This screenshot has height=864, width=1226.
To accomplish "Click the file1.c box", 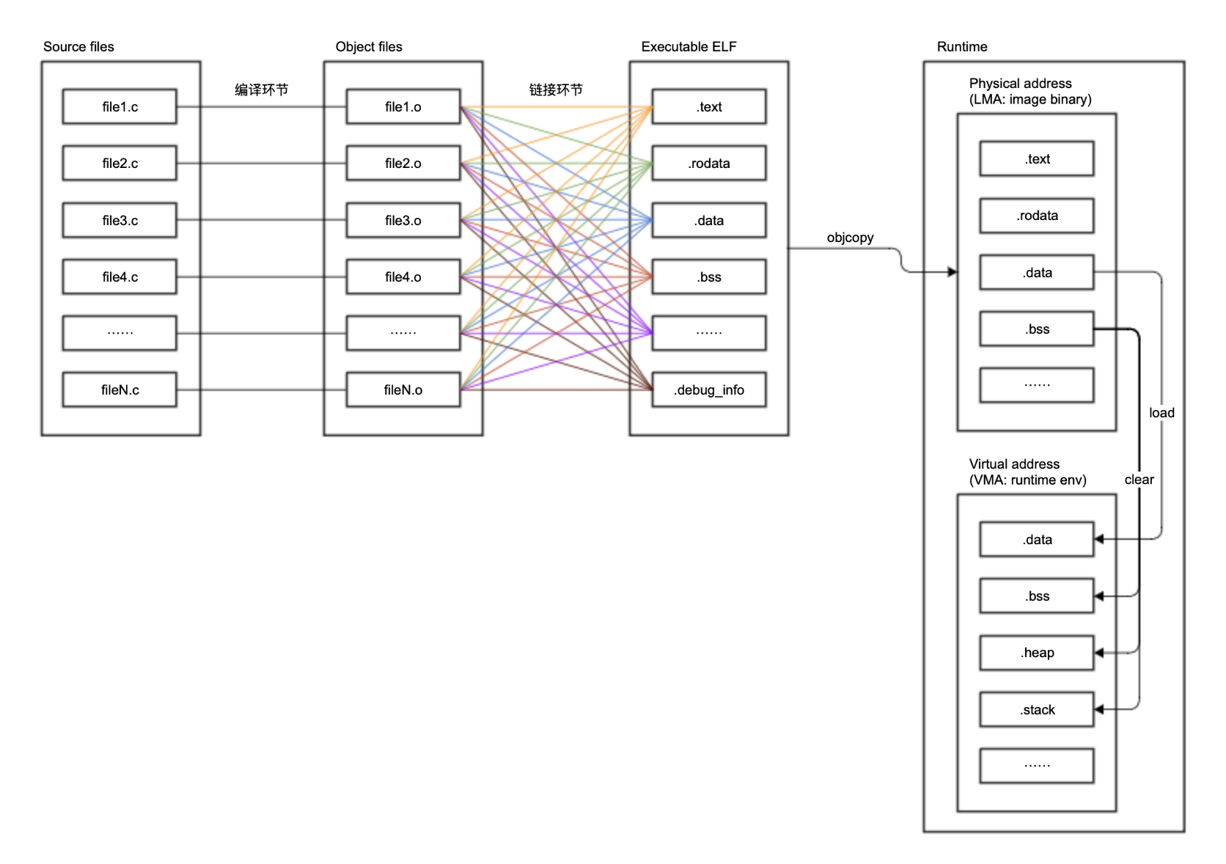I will [120, 106].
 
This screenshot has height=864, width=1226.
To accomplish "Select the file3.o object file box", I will [403, 220].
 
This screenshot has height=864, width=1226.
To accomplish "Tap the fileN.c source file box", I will [120, 389].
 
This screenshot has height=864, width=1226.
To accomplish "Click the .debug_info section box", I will [708, 389].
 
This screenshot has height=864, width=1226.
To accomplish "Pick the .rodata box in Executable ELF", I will [708, 163].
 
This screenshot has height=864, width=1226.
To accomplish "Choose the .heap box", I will [1036, 653].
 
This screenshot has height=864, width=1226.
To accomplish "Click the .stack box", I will [1036, 709].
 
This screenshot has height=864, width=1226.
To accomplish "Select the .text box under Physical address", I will [1036, 158].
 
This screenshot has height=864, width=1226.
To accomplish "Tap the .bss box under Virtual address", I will [1036, 596].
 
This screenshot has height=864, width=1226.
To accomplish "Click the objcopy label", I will [850, 237].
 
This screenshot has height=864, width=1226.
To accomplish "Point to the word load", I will [1161, 412].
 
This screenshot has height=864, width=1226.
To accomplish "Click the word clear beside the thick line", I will [1139, 479].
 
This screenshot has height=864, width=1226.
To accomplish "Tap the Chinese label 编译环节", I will [261, 89].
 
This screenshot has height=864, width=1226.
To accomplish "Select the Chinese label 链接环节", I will [556, 89].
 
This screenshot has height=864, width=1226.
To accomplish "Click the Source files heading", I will [78, 46].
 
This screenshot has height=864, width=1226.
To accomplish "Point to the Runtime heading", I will [961, 46].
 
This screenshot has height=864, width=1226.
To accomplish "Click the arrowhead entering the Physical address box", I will [952, 272].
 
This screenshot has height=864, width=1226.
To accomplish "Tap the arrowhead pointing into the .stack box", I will [1099, 709].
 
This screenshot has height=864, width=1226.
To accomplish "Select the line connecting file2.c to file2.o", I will [261, 163].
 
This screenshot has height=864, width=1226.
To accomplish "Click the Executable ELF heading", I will [689, 46].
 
